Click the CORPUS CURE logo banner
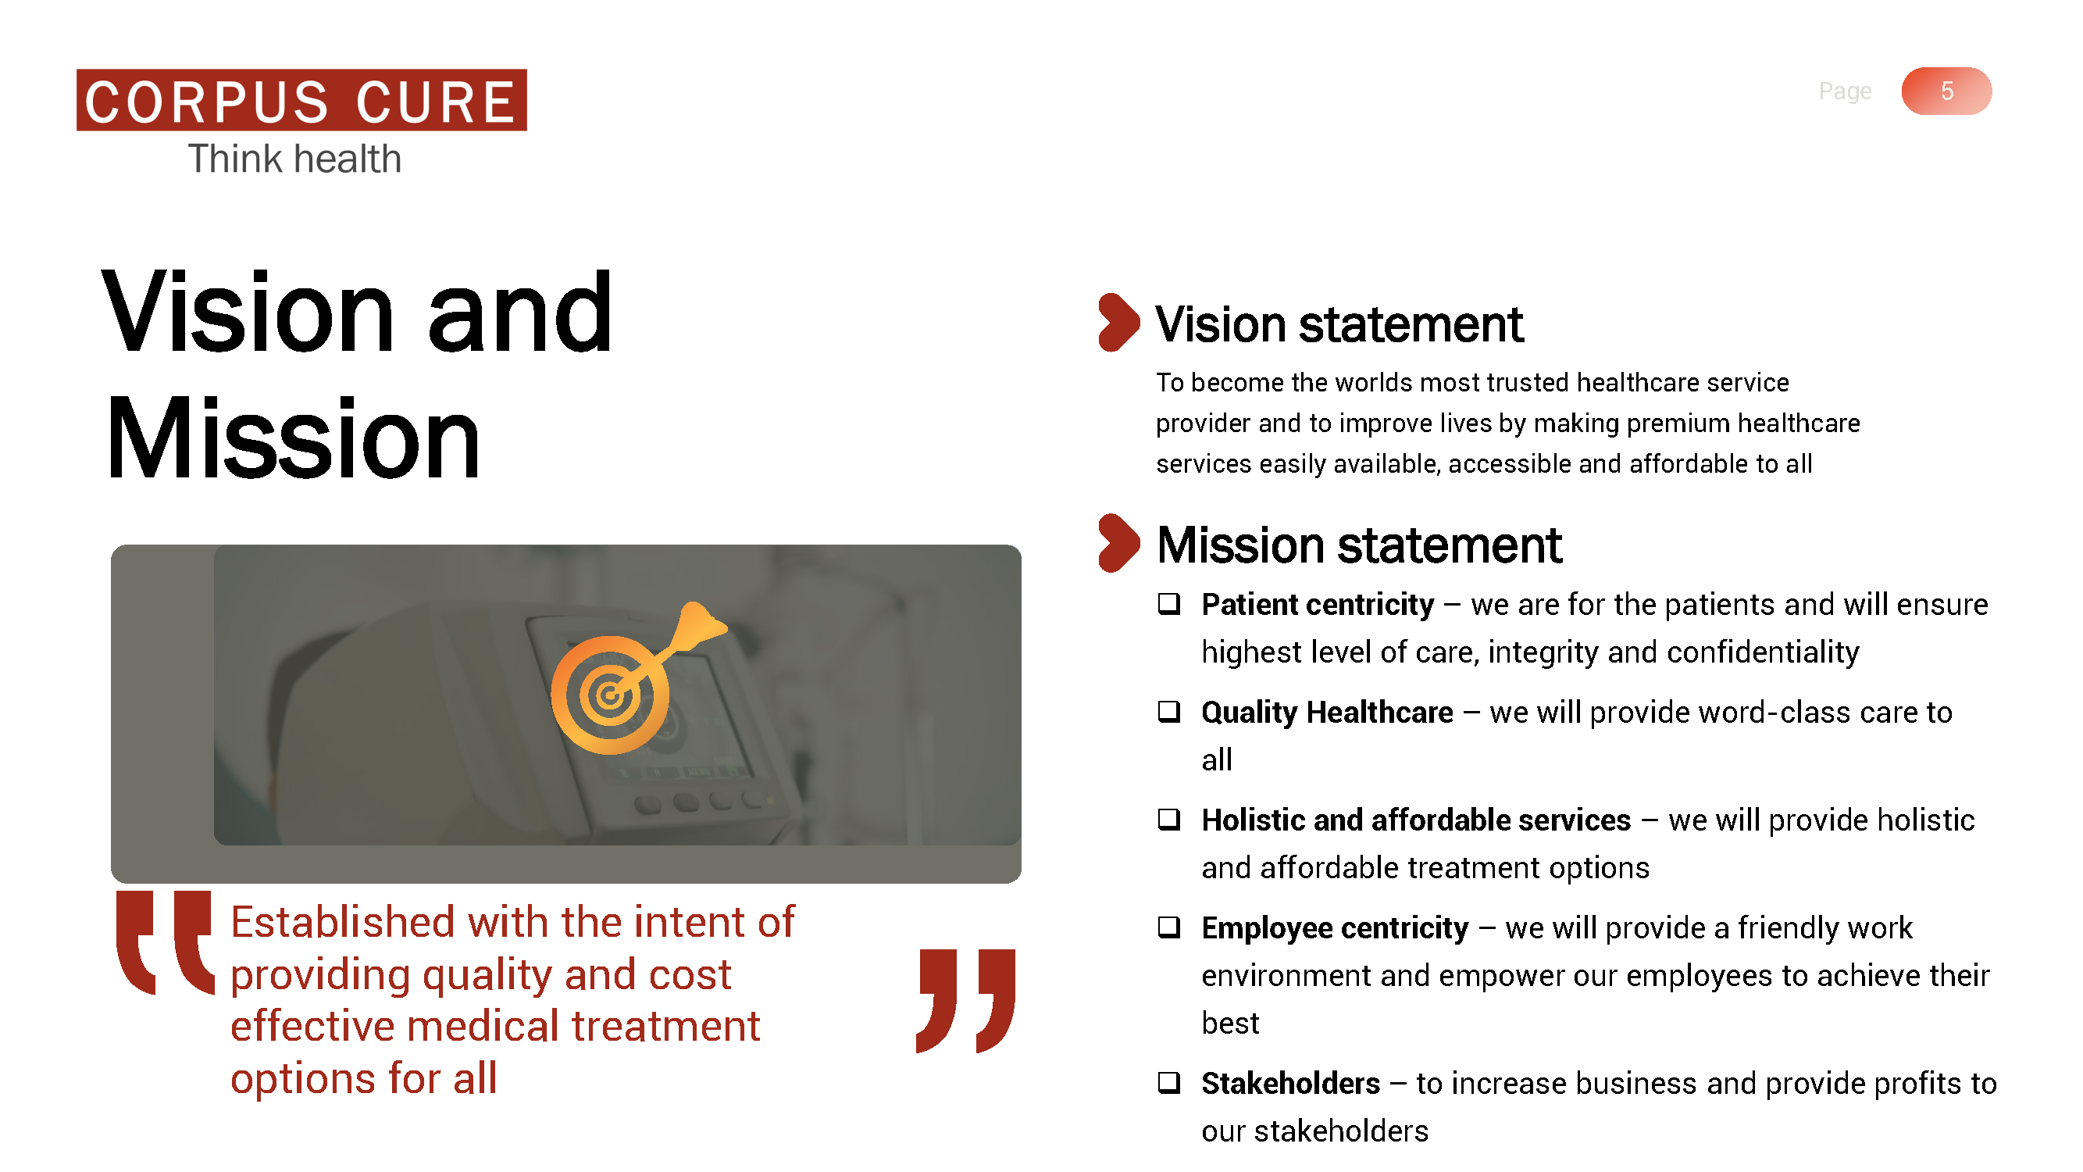tap(301, 100)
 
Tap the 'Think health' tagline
tap(295, 159)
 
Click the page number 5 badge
tap(1946, 91)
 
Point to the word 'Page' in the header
tap(1845, 91)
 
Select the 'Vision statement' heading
tap(1339, 324)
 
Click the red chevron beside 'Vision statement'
tap(1118, 323)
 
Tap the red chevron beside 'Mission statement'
tap(1118, 544)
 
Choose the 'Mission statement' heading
tap(1359, 545)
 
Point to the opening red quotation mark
tap(165, 943)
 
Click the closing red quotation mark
tap(965, 1002)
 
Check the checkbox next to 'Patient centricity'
tap(1168, 604)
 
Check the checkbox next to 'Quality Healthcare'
tap(1168, 712)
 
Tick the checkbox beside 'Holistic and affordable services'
tap(1168, 820)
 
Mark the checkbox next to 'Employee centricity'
tap(1168, 927)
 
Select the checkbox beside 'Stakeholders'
tap(1168, 1082)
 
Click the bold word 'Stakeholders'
tap(1290, 1083)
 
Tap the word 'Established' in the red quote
tap(343, 922)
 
